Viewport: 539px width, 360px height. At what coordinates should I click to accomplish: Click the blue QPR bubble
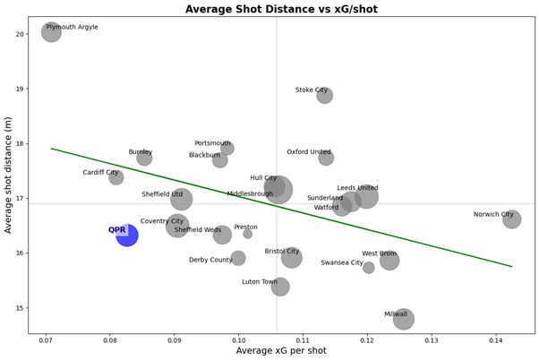[x=127, y=236]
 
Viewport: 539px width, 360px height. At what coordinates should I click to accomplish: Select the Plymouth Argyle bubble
[x=51, y=32]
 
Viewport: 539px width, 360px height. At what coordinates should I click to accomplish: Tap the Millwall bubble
[x=403, y=318]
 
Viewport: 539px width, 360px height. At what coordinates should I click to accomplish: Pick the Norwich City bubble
[x=511, y=219]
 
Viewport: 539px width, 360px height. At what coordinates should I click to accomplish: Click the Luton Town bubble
[x=280, y=287]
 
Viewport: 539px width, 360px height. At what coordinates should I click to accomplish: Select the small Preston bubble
[x=247, y=234]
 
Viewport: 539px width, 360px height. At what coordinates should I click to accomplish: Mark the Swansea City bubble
[x=368, y=268]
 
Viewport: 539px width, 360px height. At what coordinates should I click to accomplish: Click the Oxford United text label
[x=309, y=152]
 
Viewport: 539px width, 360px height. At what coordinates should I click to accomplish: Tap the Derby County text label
[x=210, y=260]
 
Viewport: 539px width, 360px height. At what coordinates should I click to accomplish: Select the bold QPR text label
[x=116, y=230]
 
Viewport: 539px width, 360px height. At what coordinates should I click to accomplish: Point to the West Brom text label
[x=379, y=253]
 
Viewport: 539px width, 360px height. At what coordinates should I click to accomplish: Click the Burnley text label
[x=141, y=152]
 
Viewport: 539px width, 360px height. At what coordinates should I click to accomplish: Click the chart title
[x=271, y=9]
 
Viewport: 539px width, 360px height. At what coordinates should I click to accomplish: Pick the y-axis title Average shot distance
[x=10, y=175]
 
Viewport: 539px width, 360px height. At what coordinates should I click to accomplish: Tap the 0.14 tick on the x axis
[x=496, y=340]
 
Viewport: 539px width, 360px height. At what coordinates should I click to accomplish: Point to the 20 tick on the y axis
[x=20, y=34]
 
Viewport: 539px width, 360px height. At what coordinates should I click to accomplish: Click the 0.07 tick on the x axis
[x=46, y=340]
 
